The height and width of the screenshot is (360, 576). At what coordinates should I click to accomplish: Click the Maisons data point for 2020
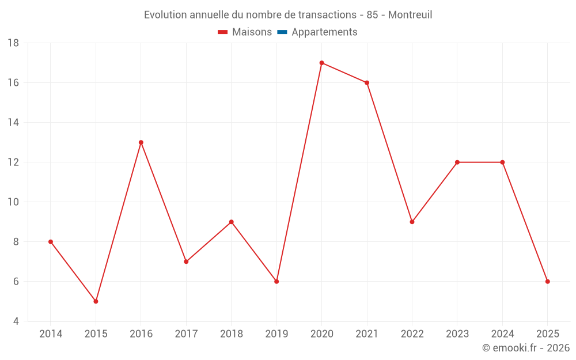coord(321,63)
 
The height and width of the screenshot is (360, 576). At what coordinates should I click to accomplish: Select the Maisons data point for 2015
coord(96,301)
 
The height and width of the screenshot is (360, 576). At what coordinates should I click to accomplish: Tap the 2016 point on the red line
coord(141,142)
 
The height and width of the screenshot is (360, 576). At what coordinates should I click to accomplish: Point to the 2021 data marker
coord(367,83)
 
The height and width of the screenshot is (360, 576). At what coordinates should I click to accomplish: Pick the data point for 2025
coord(548,282)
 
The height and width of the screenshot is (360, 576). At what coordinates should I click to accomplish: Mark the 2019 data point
coord(276,282)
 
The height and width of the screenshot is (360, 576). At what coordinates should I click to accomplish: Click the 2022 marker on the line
coord(412,222)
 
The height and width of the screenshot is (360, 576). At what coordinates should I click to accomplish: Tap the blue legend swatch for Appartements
coord(282,32)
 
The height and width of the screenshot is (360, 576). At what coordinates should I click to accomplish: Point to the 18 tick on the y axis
coord(13,43)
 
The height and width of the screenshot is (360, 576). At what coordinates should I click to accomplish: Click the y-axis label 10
coord(13,202)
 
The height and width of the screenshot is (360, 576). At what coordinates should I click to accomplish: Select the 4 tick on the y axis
coord(16,321)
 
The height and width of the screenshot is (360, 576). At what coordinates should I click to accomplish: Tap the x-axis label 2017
coord(186,334)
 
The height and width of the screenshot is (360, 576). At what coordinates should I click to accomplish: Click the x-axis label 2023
coord(457,334)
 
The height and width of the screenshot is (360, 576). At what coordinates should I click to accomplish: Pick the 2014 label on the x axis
coord(51,334)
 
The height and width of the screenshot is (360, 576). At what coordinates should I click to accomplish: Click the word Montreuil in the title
coord(410,15)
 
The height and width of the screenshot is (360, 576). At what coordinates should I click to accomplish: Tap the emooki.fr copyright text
coord(526,348)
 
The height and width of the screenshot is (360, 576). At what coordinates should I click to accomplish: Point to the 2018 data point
coord(232,222)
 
